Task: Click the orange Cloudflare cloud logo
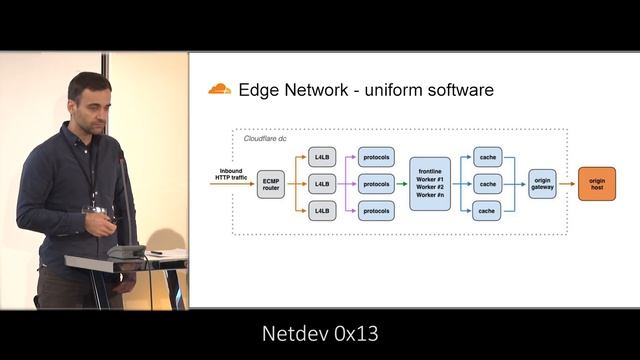(219, 90)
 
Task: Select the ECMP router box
(271, 184)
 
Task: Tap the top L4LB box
(322, 157)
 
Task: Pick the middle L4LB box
(322, 184)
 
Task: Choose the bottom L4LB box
(322, 211)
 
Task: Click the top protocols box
(376, 157)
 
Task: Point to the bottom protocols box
(376, 211)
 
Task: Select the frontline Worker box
(430, 184)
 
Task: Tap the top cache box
(487, 157)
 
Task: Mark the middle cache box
(487, 184)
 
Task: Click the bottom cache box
(487, 211)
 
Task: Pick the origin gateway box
(541, 184)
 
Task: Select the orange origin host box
(596, 184)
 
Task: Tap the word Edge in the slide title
(256, 90)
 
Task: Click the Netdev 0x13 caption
(320, 333)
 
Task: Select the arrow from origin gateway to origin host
(567, 184)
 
